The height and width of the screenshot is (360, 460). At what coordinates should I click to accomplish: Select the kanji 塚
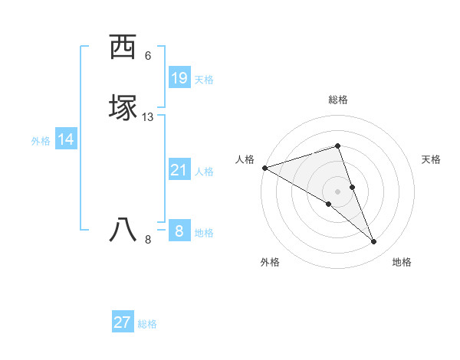coord(123,106)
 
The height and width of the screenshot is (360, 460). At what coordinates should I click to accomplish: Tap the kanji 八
coord(123,229)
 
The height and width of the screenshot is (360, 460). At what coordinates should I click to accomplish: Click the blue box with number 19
coord(179,78)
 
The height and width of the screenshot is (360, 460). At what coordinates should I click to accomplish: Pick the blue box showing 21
coord(179,170)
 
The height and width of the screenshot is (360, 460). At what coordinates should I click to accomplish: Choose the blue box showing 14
coord(66,139)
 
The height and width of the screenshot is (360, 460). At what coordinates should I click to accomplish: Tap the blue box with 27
coord(123,322)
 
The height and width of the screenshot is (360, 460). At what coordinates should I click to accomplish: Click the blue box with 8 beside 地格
coord(179,231)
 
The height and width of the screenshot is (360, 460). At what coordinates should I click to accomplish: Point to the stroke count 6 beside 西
coord(148,56)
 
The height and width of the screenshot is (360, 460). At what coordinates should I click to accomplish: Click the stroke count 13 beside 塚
coord(148,117)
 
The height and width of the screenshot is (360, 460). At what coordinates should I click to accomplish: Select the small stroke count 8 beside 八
coord(148,240)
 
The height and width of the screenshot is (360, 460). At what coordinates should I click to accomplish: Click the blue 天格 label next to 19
coord(204,80)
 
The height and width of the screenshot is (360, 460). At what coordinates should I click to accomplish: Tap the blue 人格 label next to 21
coord(204,172)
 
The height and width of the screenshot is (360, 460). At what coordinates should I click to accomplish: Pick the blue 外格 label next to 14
coord(41,141)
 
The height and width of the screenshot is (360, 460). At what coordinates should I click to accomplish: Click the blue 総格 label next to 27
coord(147,324)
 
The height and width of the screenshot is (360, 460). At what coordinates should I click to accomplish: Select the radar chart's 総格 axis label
coord(338,100)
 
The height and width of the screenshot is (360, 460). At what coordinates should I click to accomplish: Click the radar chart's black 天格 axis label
coord(432,159)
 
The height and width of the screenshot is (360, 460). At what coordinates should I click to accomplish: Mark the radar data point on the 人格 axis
coord(264,167)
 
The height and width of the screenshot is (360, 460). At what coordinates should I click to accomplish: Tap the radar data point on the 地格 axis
coord(374,241)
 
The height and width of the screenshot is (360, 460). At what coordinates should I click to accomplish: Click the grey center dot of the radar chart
coord(338,191)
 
